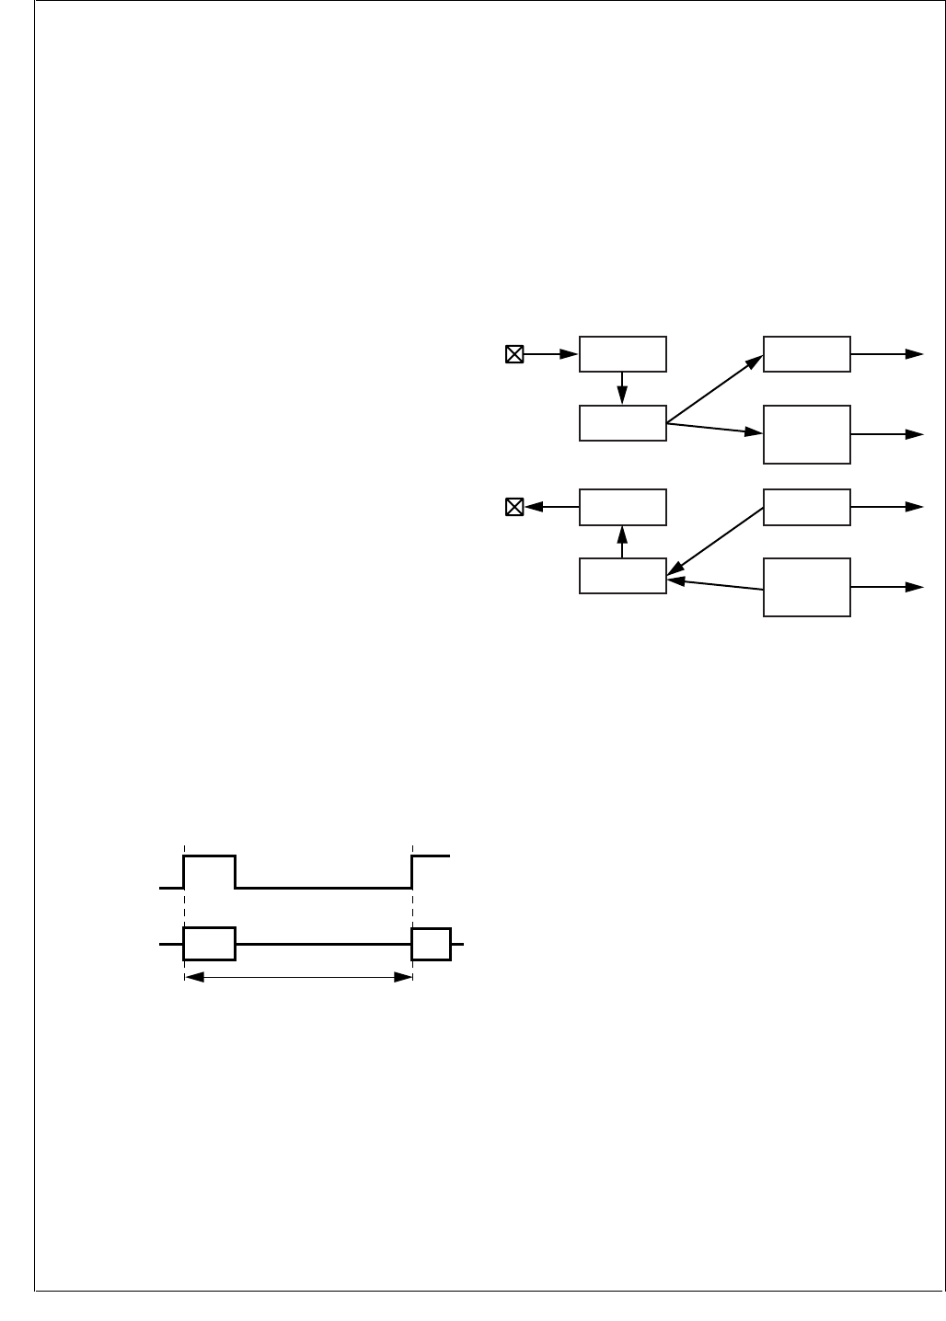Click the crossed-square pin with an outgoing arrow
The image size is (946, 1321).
514,354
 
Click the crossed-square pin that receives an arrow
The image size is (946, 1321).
514,507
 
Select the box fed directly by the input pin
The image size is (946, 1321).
622,354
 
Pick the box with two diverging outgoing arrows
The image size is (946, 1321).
622,423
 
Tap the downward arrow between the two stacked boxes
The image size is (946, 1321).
623,388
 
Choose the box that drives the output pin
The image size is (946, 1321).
622,507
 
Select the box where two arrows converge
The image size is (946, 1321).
622,576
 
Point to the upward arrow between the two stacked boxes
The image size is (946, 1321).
623,541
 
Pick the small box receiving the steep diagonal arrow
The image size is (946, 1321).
807,354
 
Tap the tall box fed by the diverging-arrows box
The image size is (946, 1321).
807,434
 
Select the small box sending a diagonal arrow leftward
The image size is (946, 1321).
807,507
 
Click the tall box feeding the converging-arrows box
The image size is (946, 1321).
807,587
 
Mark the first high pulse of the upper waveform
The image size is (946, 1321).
210,856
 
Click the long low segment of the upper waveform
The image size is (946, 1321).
323,888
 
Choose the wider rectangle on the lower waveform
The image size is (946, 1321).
210,944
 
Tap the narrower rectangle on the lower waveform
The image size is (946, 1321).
432,944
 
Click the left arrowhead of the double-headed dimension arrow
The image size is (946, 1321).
192,977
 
